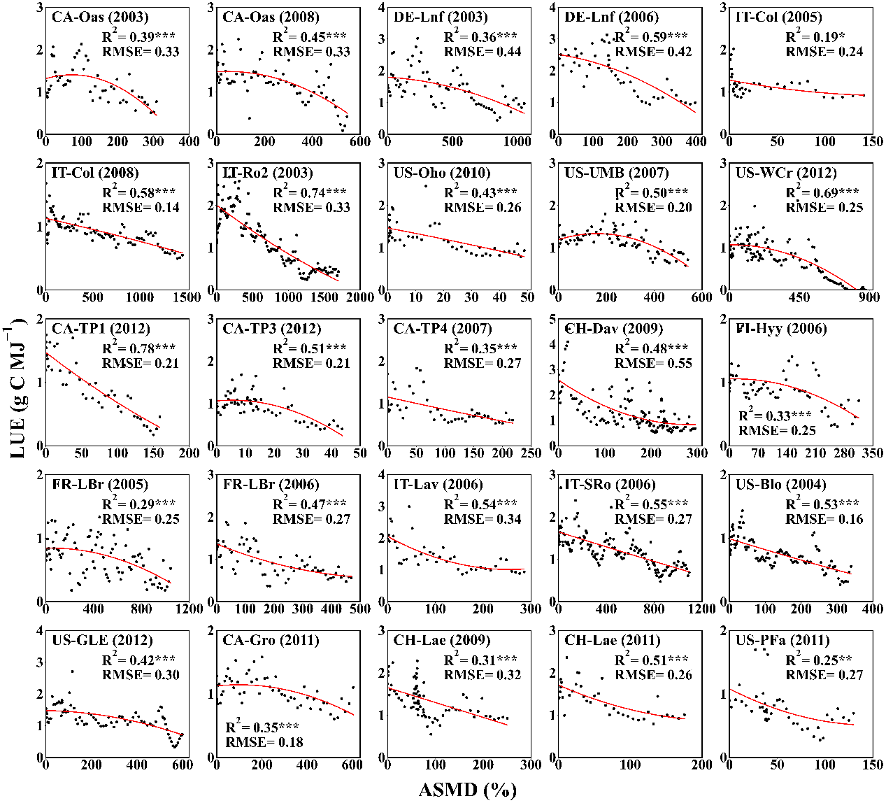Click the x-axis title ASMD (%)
[466, 790]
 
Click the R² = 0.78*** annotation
[138, 348]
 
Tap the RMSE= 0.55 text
[653, 363]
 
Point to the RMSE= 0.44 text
[483, 51]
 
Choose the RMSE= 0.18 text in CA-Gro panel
[264, 741]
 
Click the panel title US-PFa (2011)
[783, 640]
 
